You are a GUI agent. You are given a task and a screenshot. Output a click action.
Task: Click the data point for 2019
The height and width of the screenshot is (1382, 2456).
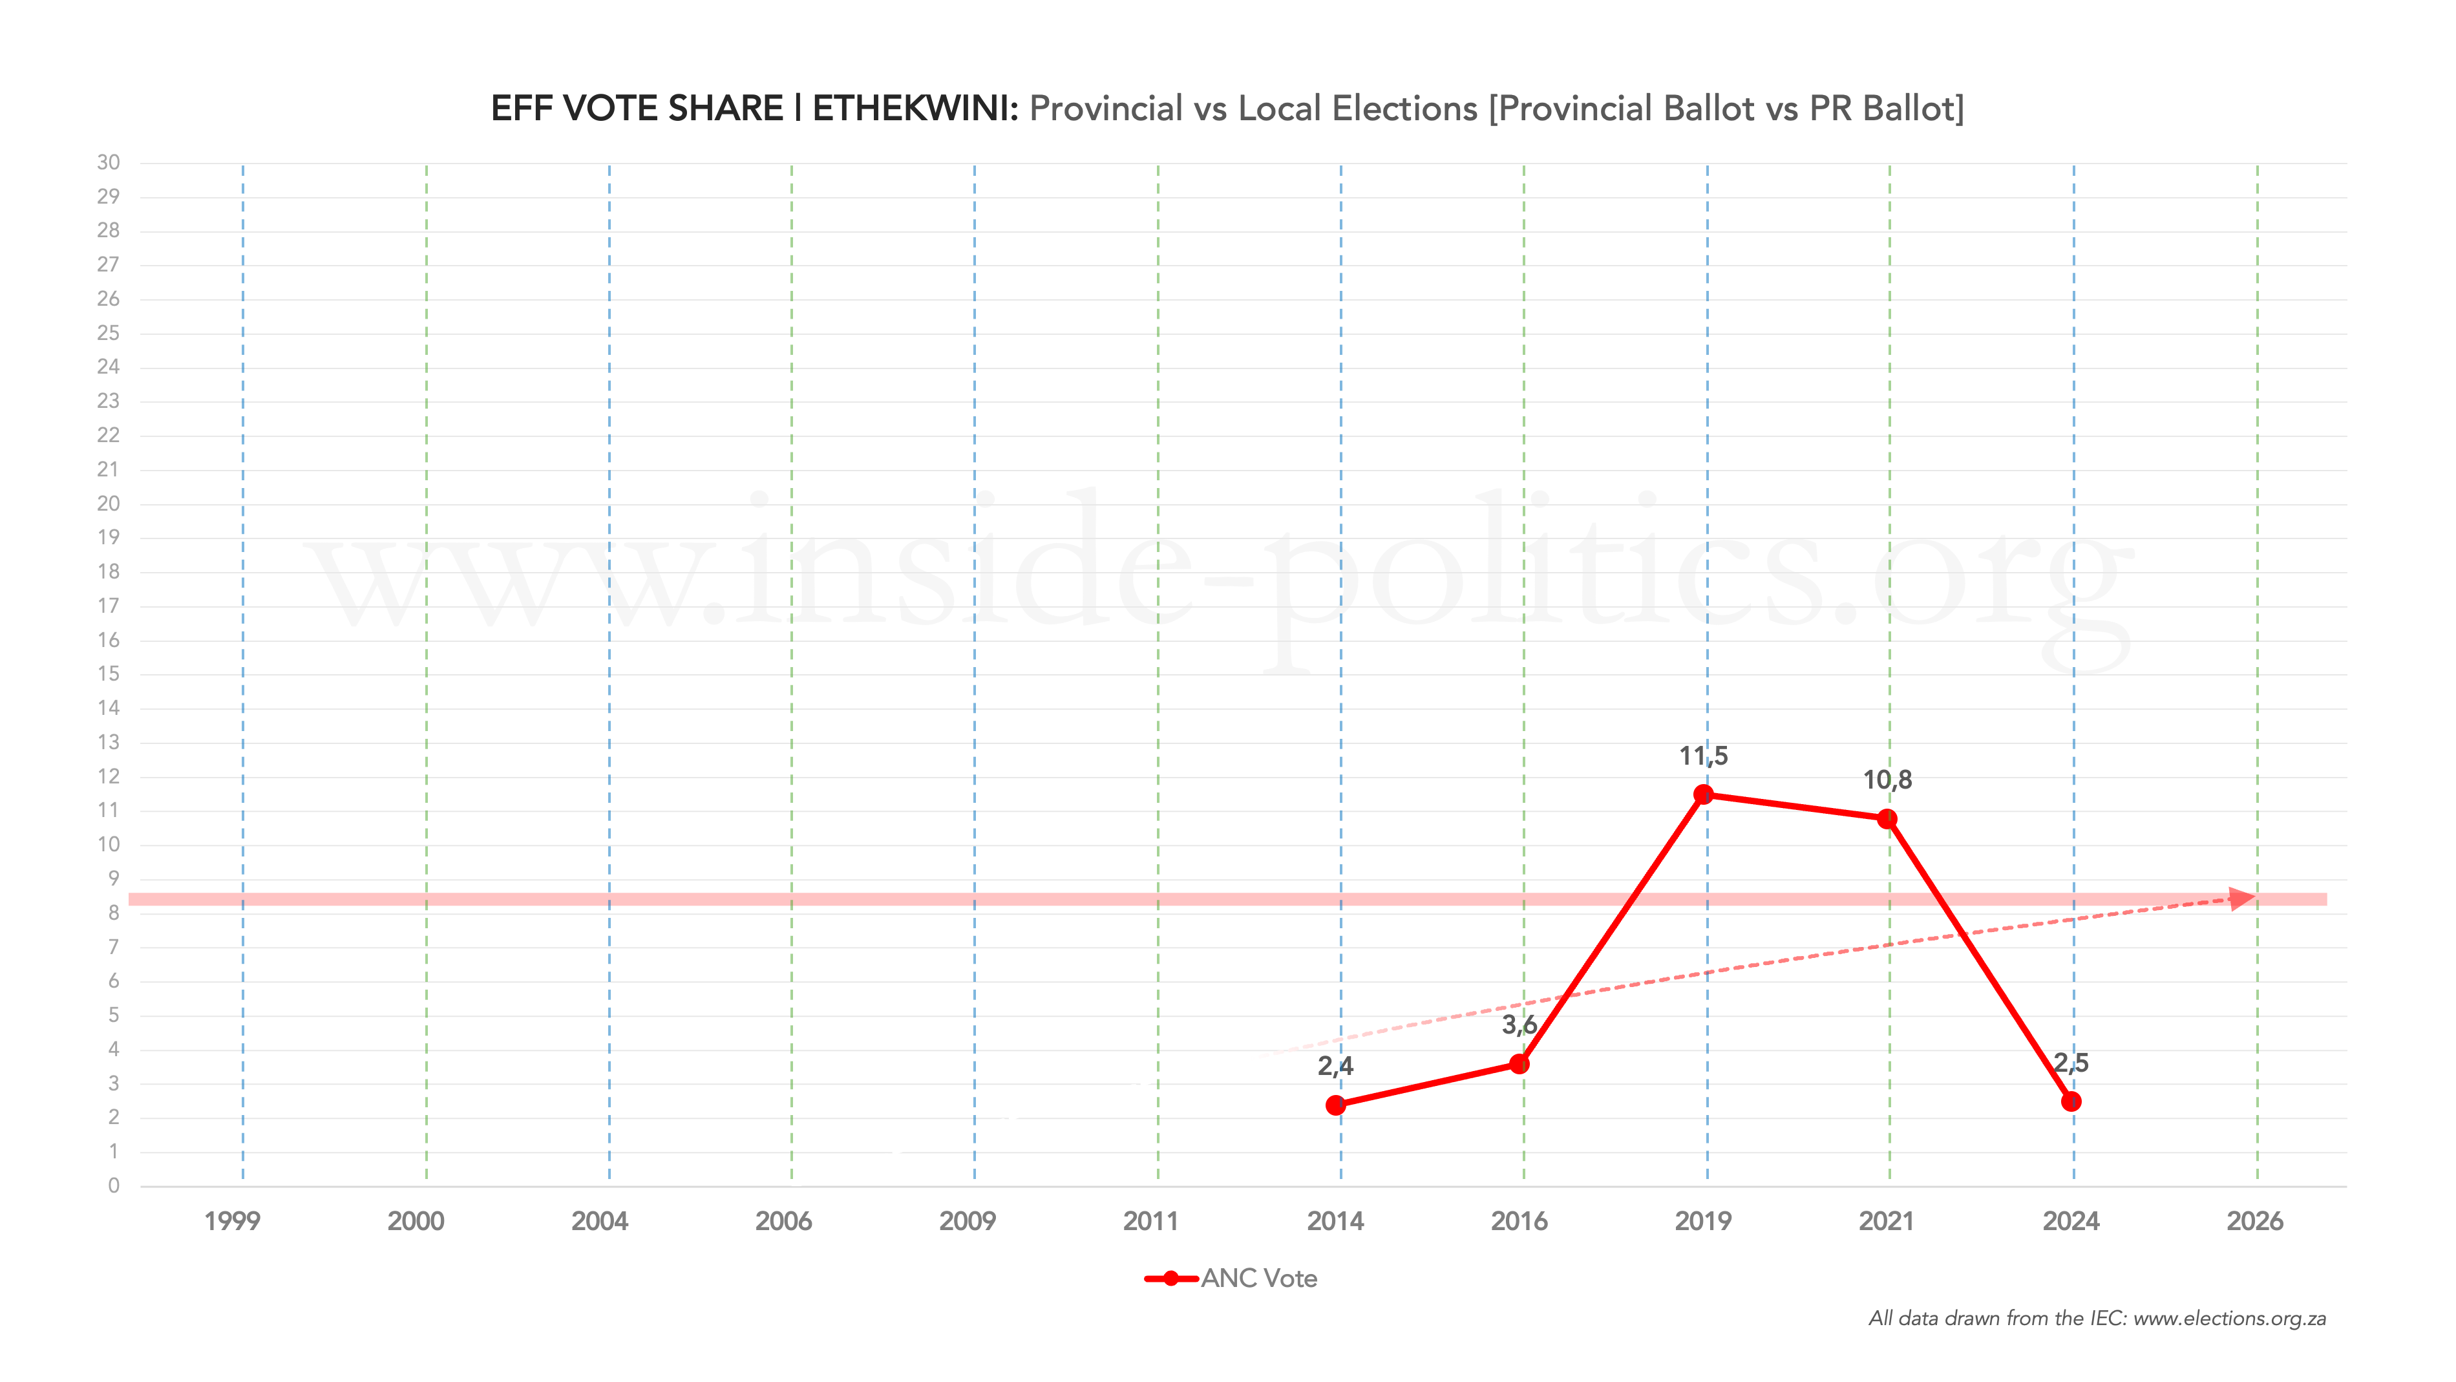[x=1704, y=794]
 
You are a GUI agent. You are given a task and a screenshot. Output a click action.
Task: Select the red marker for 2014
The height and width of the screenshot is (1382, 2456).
[x=1336, y=1105]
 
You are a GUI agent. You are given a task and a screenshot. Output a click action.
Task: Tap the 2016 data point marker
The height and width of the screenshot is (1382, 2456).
[x=1519, y=1063]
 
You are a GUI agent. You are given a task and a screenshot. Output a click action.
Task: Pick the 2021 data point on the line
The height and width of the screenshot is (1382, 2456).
[x=1887, y=818]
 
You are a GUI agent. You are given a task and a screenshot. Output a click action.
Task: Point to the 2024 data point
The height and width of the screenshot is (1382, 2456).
[x=2071, y=1101]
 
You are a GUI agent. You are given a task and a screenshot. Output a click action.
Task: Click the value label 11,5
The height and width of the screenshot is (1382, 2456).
[x=1703, y=756]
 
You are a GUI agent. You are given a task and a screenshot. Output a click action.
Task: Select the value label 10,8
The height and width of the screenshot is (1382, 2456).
[x=1887, y=780]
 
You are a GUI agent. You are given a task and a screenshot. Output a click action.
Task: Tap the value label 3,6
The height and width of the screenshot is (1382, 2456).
[x=1519, y=1025]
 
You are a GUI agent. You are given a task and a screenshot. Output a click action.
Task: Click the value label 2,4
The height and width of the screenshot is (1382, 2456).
[x=1335, y=1067]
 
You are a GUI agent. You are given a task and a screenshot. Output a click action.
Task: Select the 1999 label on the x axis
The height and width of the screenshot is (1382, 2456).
[x=231, y=1221]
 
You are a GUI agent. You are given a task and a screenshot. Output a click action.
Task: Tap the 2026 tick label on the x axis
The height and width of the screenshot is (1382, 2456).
[x=2254, y=1221]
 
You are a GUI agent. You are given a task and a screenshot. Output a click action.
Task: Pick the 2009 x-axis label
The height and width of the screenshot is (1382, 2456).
[x=967, y=1221]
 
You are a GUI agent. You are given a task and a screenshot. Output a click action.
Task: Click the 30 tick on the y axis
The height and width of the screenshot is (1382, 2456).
[x=109, y=162]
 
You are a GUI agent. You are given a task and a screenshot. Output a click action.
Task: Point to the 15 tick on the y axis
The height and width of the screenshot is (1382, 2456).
[x=109, y=674]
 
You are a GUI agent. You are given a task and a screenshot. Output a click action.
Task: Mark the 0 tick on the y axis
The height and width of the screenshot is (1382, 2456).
[x=114, y=1185]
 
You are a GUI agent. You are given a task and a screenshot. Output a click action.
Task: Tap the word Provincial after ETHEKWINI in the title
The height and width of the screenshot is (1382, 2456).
[x=1105, y=109]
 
